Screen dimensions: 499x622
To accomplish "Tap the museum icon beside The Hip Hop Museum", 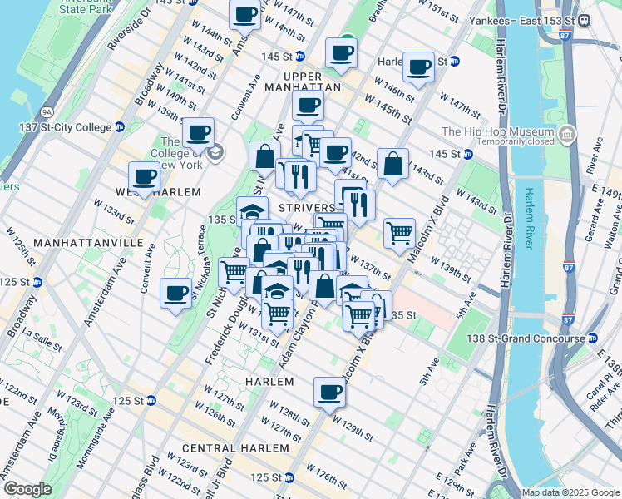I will click(x=567, y=133).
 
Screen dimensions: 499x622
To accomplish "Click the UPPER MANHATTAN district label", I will click(x=300, y=86).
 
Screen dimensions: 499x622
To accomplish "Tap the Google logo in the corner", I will click(x=27, y=488).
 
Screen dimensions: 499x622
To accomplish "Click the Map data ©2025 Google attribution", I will click(x=570, y=492).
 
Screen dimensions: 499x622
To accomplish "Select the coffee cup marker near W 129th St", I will click(x=329, y=391).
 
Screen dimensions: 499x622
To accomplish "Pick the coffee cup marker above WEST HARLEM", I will click(x=144, y=176).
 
